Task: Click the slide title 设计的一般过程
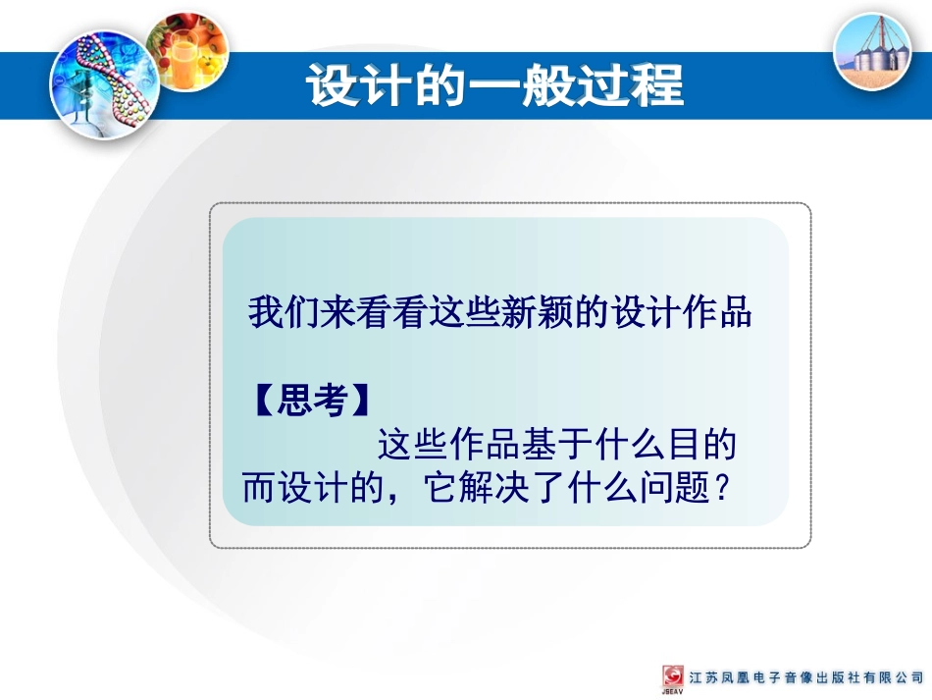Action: coord(495,85)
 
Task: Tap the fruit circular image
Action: coord(188,50)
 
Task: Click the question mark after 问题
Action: coord(724,488)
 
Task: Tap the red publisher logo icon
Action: coord(673,675)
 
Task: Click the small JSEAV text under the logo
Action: coord(673,693)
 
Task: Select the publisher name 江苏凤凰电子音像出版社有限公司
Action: coord(805,677)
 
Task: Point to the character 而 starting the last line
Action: coord(258,488)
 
